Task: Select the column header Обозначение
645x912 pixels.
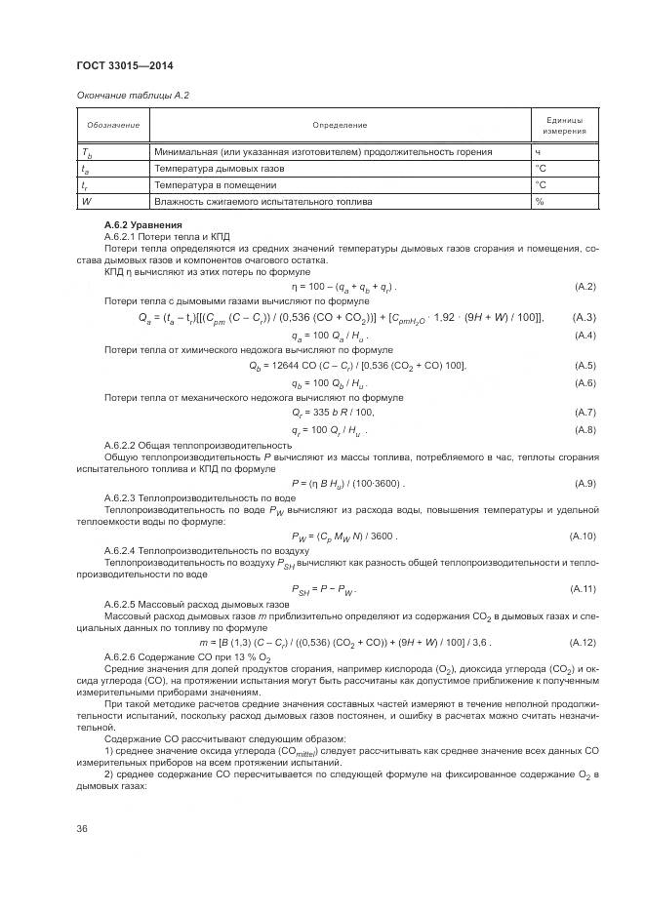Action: tap(113, 125)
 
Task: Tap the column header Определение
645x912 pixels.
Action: tap(340, 125)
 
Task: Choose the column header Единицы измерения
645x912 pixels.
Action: tap(564, 125)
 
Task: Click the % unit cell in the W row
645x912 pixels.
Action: tap(539, 202)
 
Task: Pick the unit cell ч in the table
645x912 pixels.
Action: tap(538, 152)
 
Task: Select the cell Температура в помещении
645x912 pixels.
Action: tap(210, 185)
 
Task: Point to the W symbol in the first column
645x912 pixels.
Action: tap(87, 202)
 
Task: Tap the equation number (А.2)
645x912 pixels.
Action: tap(584, 287)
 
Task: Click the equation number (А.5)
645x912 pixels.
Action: tap(584, 366)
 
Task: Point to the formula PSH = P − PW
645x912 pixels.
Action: tap(324, 589)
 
